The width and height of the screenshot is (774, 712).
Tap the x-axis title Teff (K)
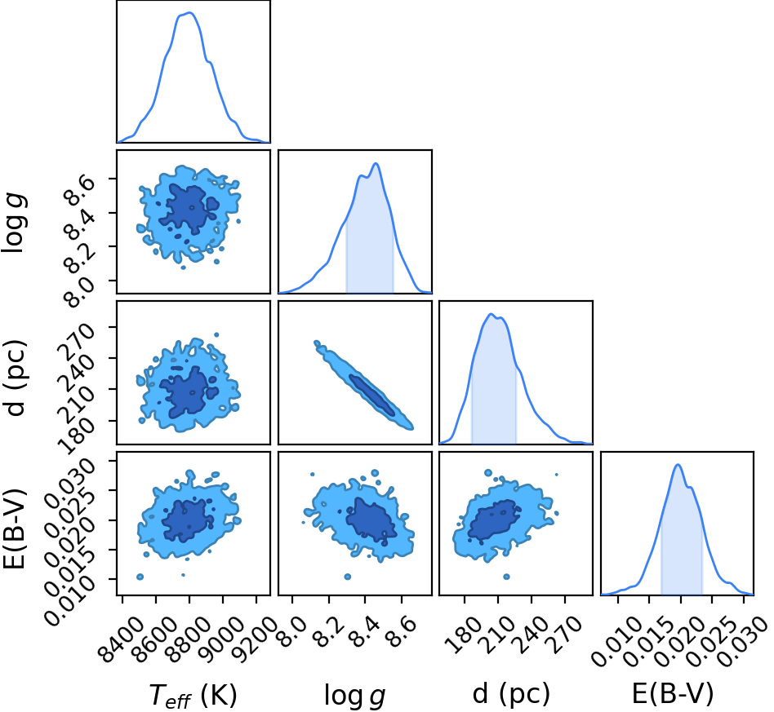(193, 696)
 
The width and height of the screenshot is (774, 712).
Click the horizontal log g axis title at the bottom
(354, 696)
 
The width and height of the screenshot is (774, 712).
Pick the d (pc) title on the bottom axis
(511, 694)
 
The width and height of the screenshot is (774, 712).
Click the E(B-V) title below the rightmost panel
(673, 694)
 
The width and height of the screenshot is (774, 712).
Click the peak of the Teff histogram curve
(190, 13)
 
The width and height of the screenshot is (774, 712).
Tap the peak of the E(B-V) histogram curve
(678, 465)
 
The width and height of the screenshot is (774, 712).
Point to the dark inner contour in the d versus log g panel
(371, 396)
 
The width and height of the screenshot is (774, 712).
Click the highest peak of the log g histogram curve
(376, 163)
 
